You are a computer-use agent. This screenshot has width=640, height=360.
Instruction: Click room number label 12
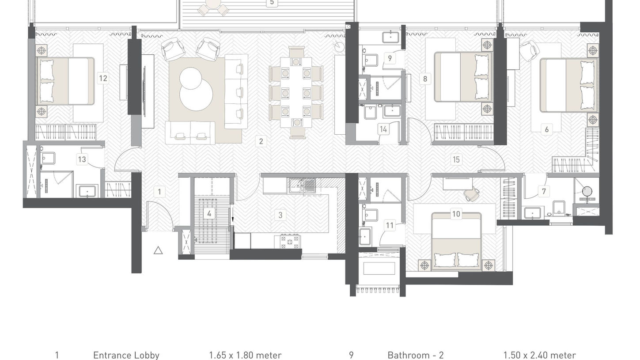(103, 78)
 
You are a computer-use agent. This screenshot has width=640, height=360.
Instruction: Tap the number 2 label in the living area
(261, 141)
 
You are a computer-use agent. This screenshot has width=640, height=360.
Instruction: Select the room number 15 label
(456, 159)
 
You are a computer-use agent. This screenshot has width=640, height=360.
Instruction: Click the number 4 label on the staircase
(209, 213)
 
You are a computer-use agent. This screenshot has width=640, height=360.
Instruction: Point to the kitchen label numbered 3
(280, 215)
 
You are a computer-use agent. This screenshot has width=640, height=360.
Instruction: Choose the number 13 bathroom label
(82, 159)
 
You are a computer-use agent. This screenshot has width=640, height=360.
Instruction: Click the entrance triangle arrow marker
(158, 250)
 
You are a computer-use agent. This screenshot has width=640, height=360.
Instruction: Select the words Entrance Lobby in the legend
(126, 355)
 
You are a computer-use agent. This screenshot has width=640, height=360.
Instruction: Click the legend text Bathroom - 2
(416, 355)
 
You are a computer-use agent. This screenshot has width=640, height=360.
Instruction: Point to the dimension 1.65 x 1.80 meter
(245, 355)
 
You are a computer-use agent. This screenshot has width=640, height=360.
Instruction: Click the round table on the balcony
(213, 4)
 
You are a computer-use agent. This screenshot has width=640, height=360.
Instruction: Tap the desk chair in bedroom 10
(472, 193)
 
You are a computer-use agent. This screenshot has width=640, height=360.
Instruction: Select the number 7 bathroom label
(544, 191)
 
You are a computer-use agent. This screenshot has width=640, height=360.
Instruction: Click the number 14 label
(383, 129)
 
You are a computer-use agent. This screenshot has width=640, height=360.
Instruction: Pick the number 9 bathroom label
(390, 58)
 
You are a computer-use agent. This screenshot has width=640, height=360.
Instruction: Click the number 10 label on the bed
(456, 214)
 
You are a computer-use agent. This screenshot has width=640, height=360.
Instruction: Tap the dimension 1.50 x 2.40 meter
(539, 355)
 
